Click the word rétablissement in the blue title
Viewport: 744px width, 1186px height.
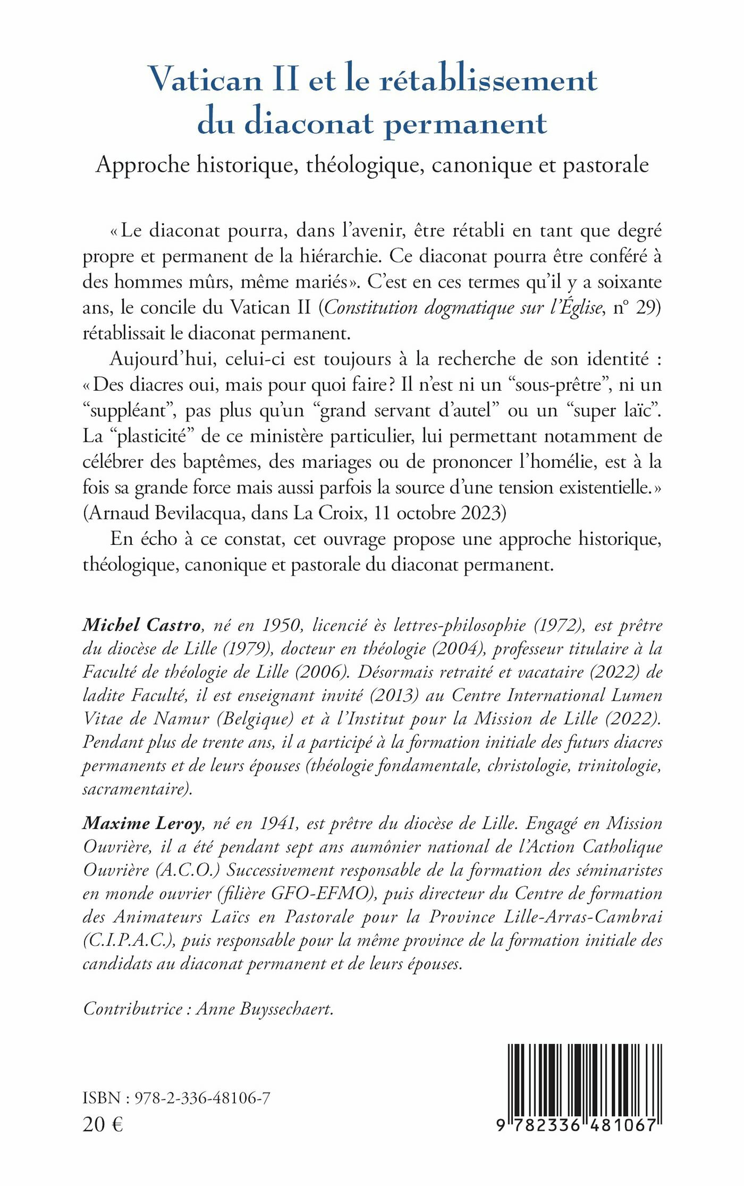click(489, 80)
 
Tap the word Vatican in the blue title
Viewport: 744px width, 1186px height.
click(205, 80)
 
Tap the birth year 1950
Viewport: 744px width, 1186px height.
click(282, 625)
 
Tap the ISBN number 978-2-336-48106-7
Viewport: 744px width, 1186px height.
click(202, 1098)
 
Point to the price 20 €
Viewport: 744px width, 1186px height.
click(103, 1124)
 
